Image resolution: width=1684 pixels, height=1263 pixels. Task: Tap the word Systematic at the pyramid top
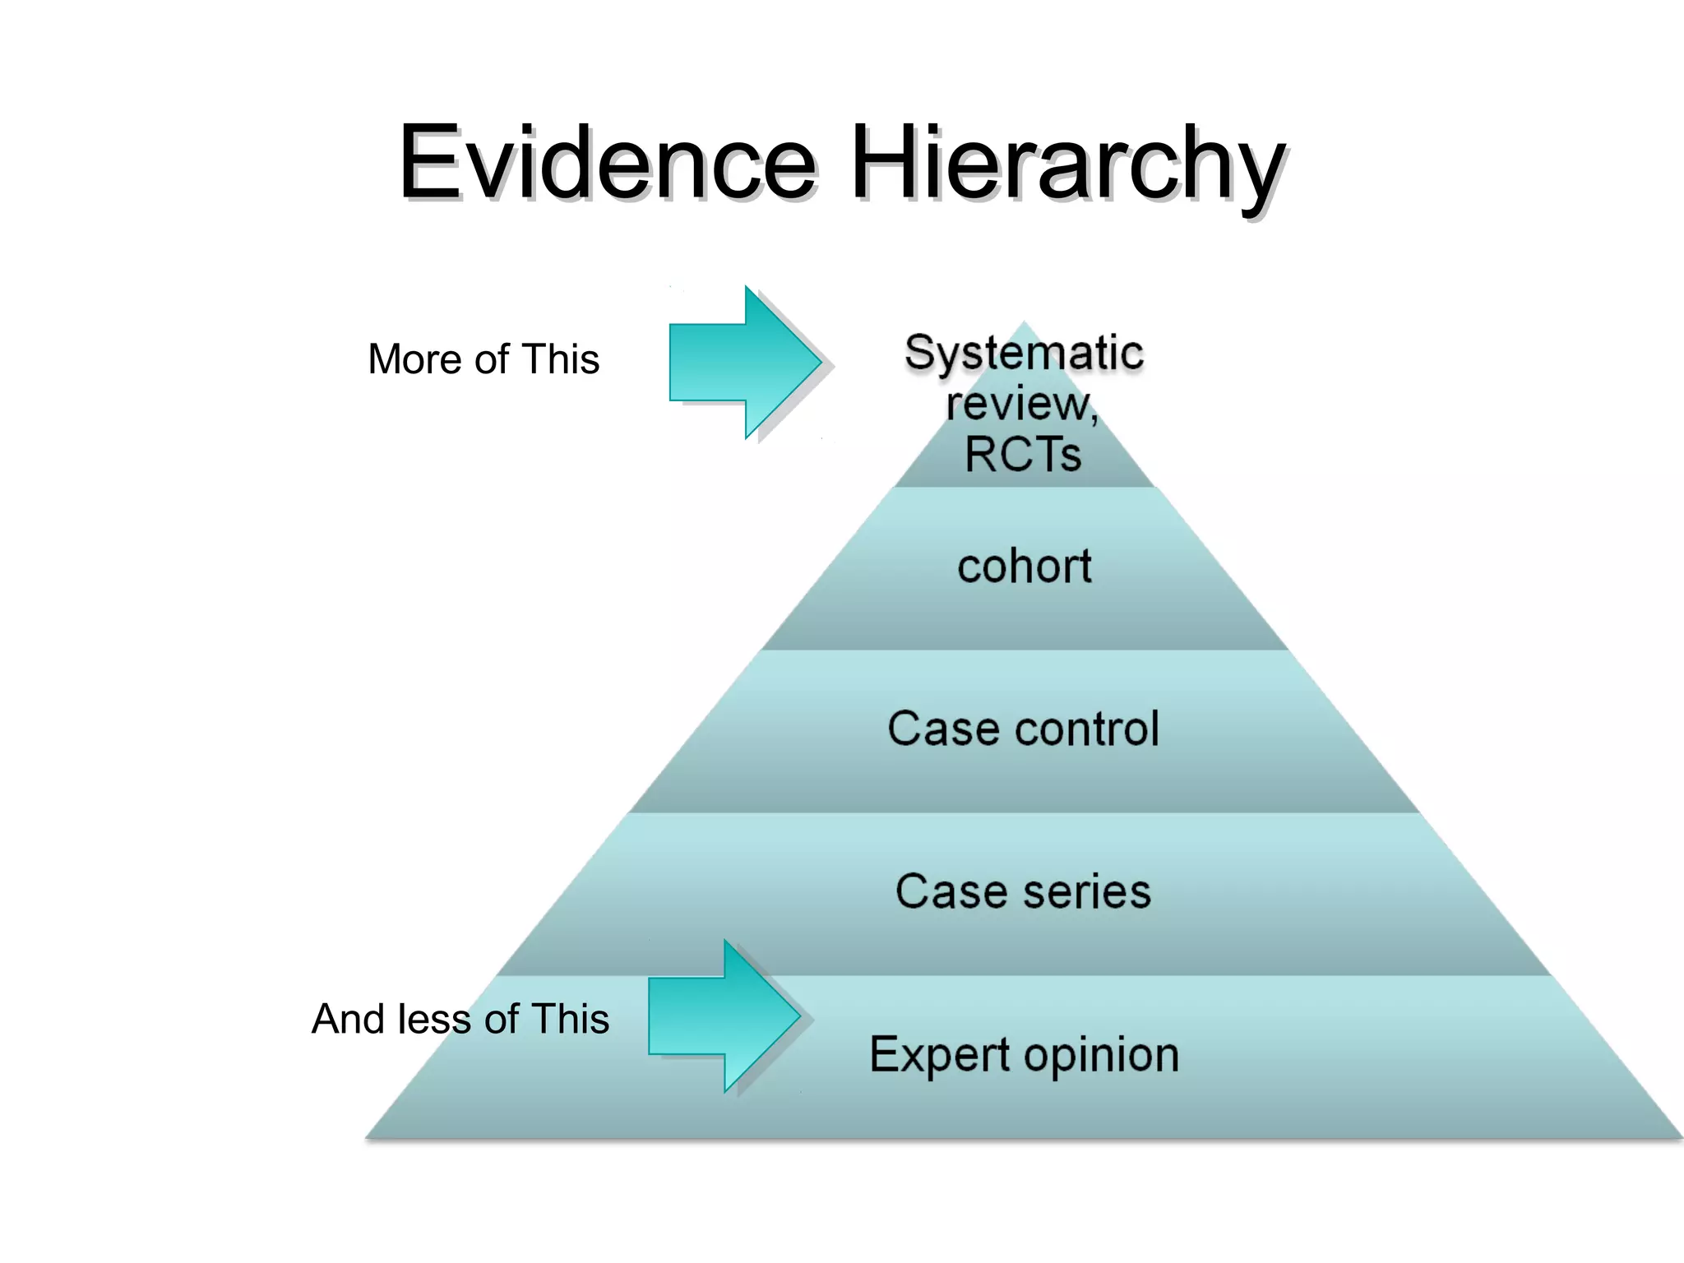tap(1024, 353)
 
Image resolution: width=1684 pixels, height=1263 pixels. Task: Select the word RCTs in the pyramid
tap(1023, 454)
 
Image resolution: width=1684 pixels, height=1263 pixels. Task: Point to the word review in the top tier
tap(1020, 404)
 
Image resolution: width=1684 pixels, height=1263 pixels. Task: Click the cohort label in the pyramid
tap(1025, 567)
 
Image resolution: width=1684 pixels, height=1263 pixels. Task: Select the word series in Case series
tap(1087, 891)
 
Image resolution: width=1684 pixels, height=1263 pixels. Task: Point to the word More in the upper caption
tap(414, 359)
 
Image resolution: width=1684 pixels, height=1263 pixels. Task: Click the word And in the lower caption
tap(349, 1019)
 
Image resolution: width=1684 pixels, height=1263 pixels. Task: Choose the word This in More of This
tap(561, 359)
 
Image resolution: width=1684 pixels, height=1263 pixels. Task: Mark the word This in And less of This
tap(570, 1019)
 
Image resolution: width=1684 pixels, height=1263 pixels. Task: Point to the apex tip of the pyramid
tap(1024, 323)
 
